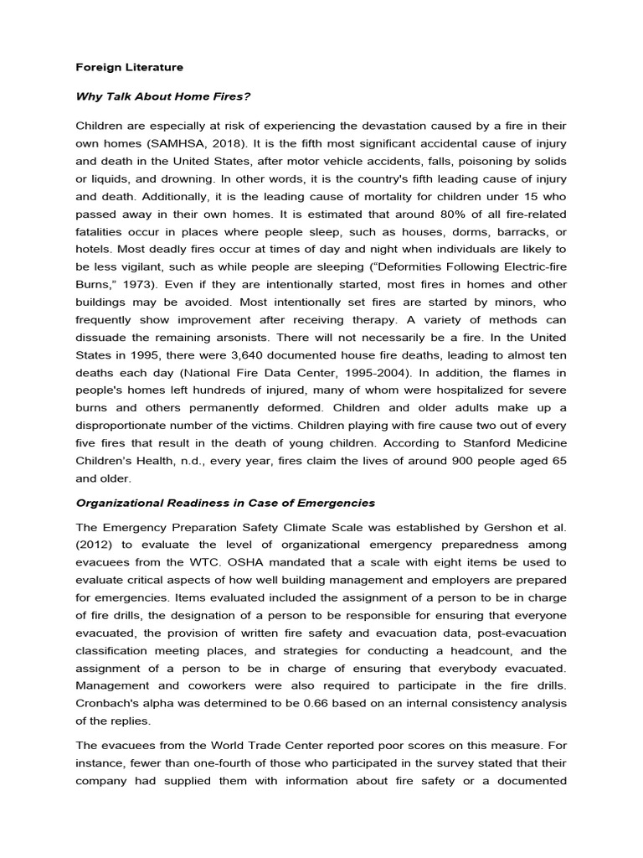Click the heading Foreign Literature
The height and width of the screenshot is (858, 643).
(130, 66)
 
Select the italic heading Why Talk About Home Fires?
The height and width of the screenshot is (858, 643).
(152, 96)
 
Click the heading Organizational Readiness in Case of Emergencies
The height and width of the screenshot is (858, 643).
(225, 504)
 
